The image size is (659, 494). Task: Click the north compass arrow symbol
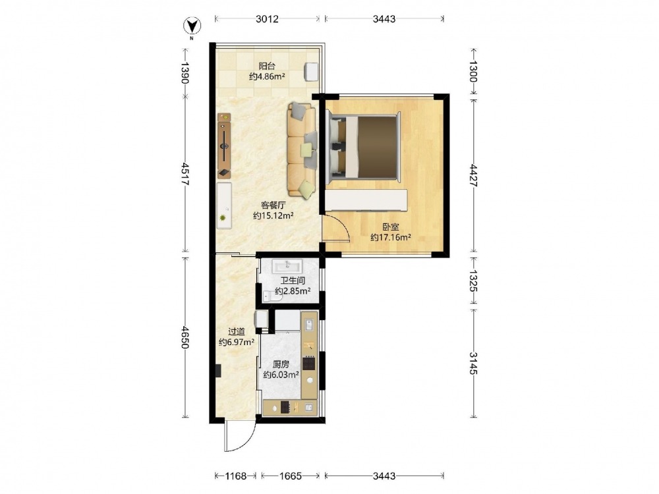192,26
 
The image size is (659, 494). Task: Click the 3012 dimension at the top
268,19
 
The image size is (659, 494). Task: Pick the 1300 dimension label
473,71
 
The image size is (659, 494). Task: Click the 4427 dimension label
473,176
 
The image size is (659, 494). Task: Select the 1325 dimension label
473,281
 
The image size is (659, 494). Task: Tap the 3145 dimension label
473,363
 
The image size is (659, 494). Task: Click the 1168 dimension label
236,476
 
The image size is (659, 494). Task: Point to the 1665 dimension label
291,476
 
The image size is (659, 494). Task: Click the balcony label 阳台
267,66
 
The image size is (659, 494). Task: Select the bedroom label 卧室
390,227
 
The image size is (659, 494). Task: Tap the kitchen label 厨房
281,365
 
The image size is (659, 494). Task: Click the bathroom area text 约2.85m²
293,290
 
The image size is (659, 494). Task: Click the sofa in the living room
302,150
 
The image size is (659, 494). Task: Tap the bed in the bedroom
363,147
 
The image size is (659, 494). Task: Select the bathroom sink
287,266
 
